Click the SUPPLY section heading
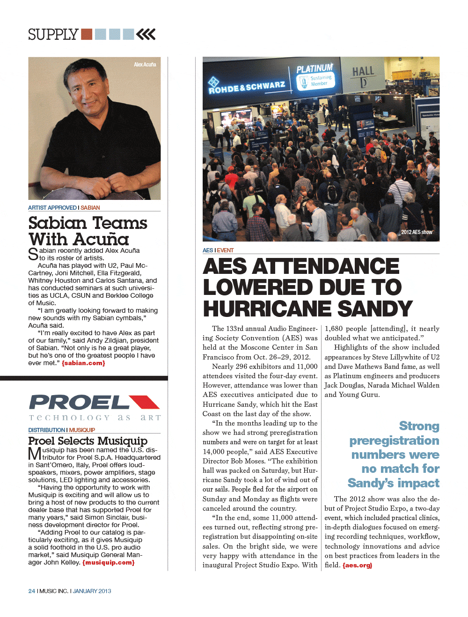[x=53, y=35]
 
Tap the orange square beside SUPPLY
[x=87, y=34]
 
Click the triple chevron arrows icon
[x=146, y=34]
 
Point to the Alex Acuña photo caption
[x=145, y=65]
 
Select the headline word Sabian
[x=57, y=223]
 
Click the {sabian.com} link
[x=83, y=363]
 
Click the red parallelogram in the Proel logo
[x=144, y=402]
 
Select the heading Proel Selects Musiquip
[x=88, y=441]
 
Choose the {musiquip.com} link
[x=109, y=562]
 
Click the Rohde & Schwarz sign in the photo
[x=247, y=87]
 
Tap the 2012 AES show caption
[x=417, y=232]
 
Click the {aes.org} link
[x=357, y=565]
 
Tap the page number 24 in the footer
[x=32, y=591]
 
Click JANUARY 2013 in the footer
[x=92, y=591]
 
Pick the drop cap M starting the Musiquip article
[x=35, y=454]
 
